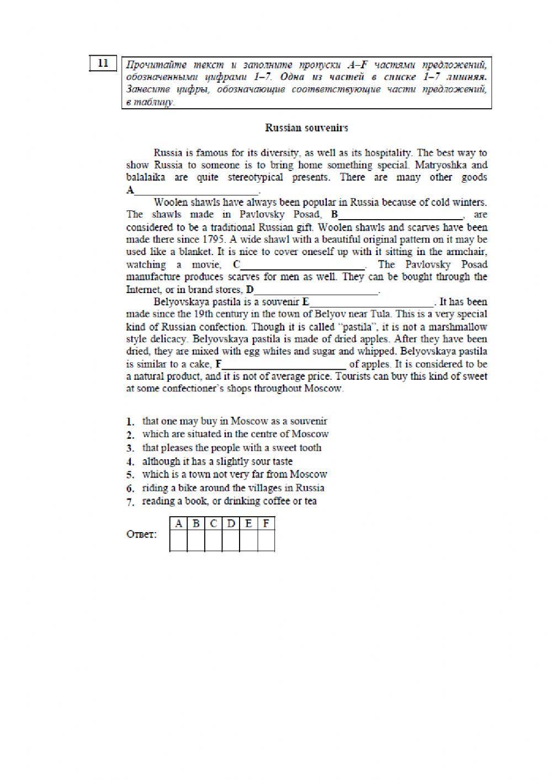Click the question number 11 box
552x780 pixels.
[103, 63]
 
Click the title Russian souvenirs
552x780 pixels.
[306, 128]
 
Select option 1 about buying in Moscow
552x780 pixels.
[235, 421]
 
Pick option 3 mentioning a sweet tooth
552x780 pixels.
[231, 448]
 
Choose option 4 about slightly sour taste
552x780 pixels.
[217, 461]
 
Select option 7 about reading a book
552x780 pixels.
[229, 501]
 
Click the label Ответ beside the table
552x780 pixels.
[142, 534]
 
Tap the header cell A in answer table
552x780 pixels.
[178, 523]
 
